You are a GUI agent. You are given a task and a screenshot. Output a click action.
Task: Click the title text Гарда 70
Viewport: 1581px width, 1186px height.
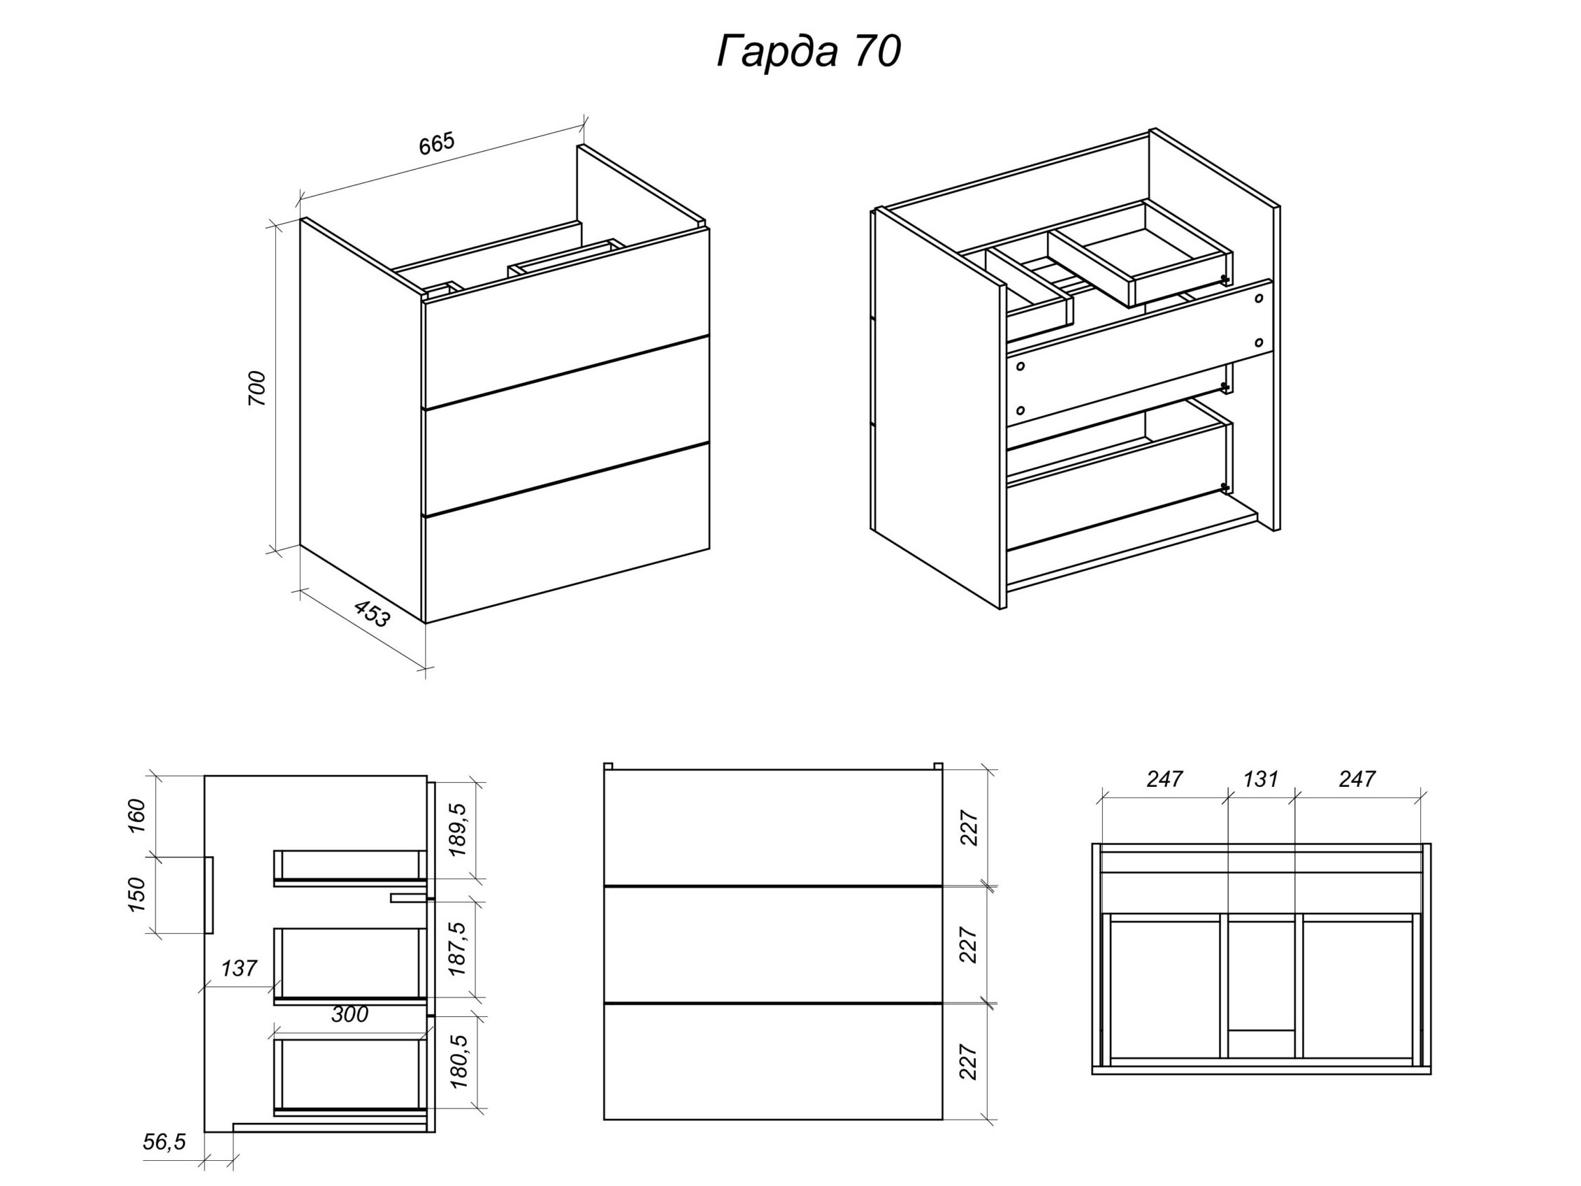809,52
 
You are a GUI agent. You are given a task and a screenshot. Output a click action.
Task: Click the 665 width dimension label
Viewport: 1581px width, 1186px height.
437,144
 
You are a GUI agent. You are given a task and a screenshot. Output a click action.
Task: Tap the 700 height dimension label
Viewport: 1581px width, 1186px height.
257,389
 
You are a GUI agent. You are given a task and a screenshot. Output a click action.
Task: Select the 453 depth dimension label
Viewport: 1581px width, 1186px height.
373,614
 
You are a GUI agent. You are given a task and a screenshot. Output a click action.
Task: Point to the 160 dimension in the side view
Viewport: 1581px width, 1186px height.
136,816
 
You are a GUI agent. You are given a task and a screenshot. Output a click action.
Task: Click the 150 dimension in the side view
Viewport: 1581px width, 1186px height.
136,895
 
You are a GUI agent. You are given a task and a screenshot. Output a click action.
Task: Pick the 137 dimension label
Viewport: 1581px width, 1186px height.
239,969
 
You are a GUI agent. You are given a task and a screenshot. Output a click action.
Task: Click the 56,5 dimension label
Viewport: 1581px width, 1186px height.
164,1143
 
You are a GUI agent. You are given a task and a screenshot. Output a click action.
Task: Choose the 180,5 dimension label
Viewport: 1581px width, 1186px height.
457,1062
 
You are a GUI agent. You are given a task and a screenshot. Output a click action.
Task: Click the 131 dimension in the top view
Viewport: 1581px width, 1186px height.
1261,779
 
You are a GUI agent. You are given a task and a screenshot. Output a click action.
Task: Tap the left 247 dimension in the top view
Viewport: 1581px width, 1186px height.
1165,779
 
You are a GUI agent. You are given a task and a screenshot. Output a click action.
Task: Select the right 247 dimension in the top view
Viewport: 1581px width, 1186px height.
1357,779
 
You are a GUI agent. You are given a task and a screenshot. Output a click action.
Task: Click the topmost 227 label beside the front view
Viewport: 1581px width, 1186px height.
969,828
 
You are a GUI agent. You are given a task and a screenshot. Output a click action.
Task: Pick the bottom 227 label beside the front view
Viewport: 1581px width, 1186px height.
969,1062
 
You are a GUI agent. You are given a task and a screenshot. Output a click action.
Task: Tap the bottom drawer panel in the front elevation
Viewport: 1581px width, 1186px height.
773,1062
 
